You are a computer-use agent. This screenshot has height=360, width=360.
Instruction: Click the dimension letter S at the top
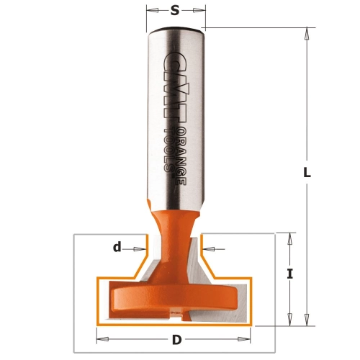[175, 10]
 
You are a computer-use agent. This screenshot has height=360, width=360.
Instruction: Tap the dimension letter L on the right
[307, 172]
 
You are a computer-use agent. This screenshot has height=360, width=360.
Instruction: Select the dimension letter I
[290, 274]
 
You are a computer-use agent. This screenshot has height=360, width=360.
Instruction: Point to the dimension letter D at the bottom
[176, 340]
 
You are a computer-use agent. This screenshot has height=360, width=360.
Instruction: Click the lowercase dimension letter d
[117, 246]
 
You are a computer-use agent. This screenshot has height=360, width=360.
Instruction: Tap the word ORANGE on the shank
[183, 156]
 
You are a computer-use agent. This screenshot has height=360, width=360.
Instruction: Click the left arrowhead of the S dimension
[153, 10]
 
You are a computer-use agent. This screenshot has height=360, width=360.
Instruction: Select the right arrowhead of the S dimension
[199, 10]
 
